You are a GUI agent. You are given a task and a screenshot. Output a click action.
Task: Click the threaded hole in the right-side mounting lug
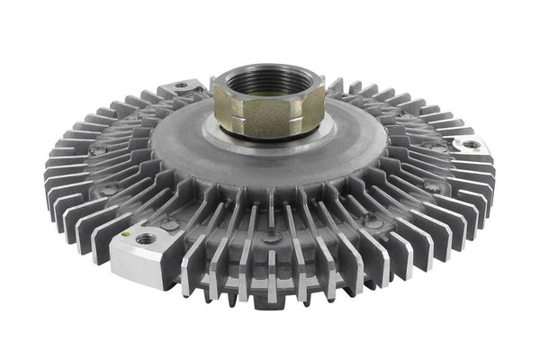[x=472, y=145]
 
